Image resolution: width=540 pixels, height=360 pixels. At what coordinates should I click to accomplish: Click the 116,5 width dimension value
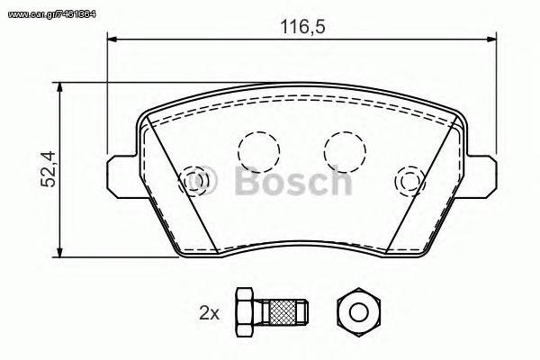pyautogui.click(x=302, y=26)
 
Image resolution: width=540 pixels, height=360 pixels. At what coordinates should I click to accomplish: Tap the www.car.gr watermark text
pyautogui.click(x=51, y=14)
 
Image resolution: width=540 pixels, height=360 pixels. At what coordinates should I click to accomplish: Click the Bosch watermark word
pyautogui.click(x=293, y=181)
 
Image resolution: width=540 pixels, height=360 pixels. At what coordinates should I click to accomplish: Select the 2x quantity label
pyautogui.click(x=210, y=313)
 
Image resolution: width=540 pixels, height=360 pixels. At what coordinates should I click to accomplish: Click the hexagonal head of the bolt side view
pyautogui.click(x=244, y=312)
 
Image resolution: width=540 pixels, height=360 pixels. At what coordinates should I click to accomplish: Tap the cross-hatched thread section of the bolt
pyautogui.click(x=283, y=312)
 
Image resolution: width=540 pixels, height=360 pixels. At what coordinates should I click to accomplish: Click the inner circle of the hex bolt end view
pyautogui.click(x=358, y=312)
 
